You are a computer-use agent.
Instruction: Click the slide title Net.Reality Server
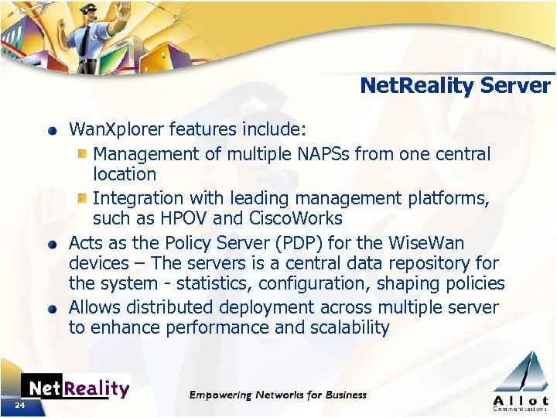[x=455, y=85]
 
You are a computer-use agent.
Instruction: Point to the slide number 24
[x=19, y=406]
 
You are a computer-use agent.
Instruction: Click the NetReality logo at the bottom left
[x=75, y=387]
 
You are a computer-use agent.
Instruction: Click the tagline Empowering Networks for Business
[x=278, y=395]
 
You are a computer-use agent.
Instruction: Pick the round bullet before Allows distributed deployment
[x=53, y=308]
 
